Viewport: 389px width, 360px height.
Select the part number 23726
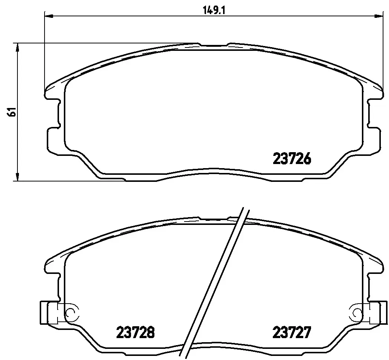292,158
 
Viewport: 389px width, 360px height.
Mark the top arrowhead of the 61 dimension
17,48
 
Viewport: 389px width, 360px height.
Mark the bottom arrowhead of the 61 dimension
17,176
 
